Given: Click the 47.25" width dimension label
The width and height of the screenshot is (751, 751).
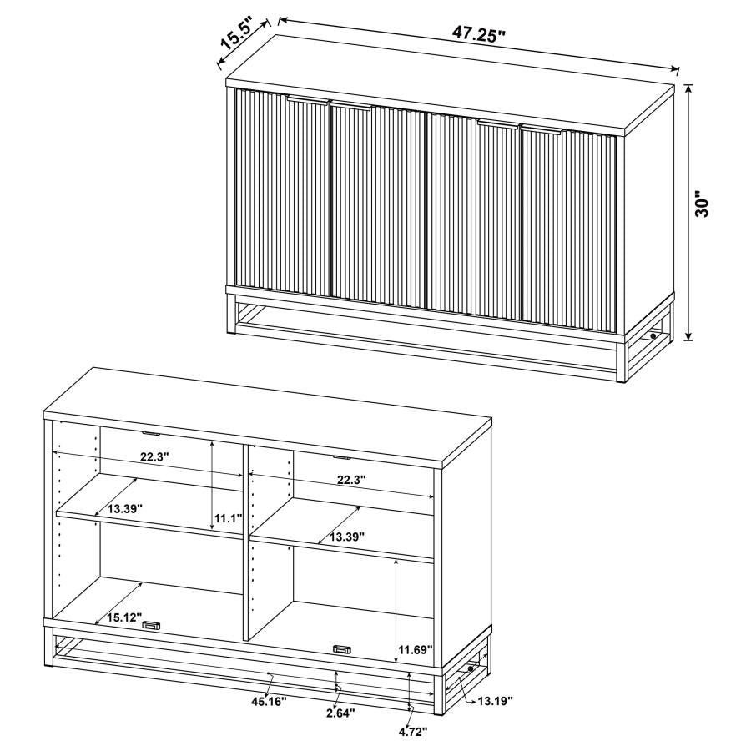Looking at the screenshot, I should [480, 35].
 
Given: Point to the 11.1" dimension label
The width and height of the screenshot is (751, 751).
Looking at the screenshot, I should [228, 518].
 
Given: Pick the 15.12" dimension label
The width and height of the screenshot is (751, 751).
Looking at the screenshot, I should [124, 618].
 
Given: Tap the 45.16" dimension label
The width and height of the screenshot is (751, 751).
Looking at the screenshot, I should [268, 702].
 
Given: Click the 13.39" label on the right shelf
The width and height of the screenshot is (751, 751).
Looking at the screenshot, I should [345, 537].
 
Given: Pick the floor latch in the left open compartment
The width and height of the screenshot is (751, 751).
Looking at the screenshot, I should [151, 626].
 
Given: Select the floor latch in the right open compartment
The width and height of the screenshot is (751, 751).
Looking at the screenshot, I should [342, 648].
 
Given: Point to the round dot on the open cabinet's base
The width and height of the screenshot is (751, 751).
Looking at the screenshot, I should [472, 669].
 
